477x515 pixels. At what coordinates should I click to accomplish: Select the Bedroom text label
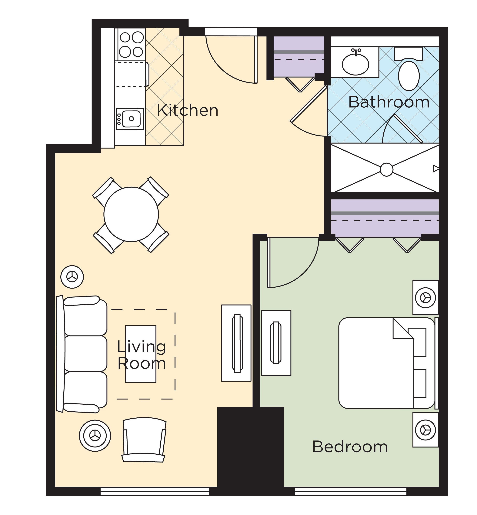tap(350, 447)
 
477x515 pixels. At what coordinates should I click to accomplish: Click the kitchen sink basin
tap(131, 119)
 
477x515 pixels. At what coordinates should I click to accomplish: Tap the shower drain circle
tap(386, 170)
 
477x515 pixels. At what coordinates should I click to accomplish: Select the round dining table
tap(131, 214)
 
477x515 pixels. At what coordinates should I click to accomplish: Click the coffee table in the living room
tap(141, 354)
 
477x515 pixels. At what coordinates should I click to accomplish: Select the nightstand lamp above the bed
tap(425, 298)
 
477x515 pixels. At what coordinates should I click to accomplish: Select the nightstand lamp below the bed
tap(425, 430)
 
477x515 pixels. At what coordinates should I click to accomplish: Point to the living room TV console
tap(236, 343)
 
